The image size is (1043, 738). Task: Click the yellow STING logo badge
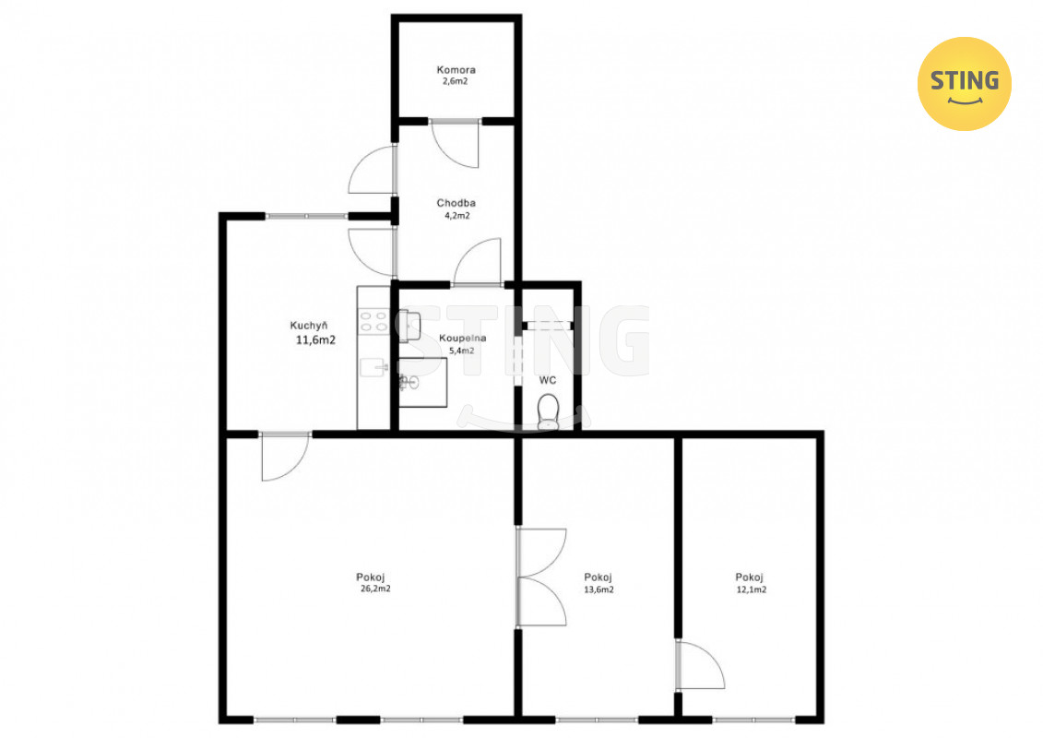click(x=964, y=84)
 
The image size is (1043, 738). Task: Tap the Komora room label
click(x=456, y=69)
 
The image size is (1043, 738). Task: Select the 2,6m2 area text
click(x=455, y=81)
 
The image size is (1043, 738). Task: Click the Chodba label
click(x=456, y=203)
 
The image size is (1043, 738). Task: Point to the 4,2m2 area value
click(x=457, y=216)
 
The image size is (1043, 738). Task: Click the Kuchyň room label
click(x=309, y=326)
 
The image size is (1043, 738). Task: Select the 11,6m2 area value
click(x=315, y=340)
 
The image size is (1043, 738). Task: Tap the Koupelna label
click(x=462, y=338)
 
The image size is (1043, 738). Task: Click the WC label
click(x=548, y=380)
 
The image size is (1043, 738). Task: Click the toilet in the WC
click(x=548, y=411)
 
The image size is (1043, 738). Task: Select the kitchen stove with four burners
click(x=373, y=321)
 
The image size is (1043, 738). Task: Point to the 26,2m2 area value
click(x=375, y=589)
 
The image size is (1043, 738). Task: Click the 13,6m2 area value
click(x=599, y=589)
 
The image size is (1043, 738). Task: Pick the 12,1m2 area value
click(x=751, y=589)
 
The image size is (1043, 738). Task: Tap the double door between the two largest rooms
click(x=540, y=577)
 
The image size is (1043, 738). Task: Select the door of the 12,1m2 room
click(x=700, y=665)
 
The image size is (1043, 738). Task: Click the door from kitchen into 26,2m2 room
click(x=285, y=457)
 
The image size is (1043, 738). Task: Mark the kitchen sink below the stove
click(x=373, y=367)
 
